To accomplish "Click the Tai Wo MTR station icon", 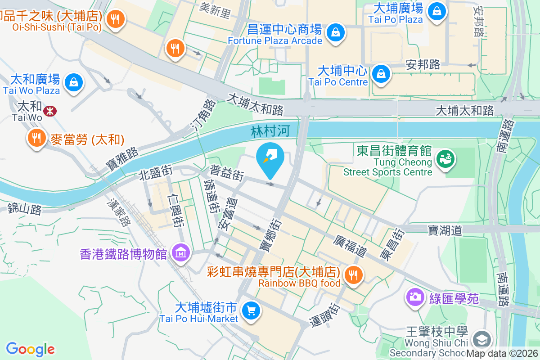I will tap(50, 111).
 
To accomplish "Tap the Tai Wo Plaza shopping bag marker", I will tap(73, 82).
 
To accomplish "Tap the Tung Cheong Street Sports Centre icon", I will tap(446, 159).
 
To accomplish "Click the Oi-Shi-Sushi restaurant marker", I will tap(116, 19).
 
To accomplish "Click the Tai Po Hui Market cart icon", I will tap(251, 310).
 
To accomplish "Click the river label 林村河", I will tap(270, 131).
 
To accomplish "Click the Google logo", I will tap(30, 349).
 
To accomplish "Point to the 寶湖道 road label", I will tap(445, 230).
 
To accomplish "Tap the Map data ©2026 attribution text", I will tap(502, 354).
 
